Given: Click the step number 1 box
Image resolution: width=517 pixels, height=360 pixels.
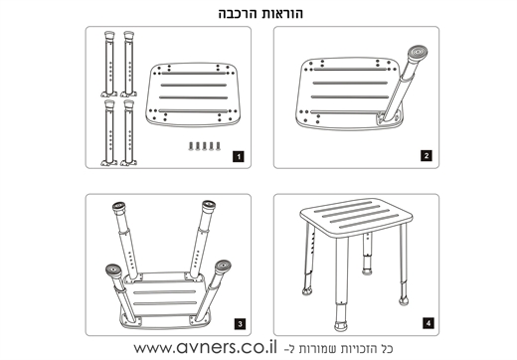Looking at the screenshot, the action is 239,156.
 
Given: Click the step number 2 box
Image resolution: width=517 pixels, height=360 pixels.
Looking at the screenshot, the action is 427,156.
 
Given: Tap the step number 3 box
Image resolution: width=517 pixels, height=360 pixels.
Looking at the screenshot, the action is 240,324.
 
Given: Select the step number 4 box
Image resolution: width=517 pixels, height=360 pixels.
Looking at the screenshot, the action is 429,323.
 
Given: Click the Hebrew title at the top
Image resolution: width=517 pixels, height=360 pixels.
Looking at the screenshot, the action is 260,13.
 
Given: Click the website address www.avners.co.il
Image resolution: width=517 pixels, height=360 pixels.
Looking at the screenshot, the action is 205,347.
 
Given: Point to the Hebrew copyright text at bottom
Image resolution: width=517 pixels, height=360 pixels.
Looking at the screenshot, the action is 339,349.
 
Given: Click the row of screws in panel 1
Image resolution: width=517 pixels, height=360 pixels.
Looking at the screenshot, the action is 205,146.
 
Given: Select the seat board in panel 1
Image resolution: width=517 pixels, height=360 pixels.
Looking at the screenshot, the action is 191,94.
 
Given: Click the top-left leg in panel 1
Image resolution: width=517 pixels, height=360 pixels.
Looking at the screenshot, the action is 109,64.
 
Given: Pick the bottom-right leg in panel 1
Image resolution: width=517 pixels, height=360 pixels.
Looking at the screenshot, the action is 128,132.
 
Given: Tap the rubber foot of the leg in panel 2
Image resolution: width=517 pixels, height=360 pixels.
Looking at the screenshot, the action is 418,53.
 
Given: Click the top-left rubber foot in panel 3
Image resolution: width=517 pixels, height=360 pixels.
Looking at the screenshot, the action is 119,208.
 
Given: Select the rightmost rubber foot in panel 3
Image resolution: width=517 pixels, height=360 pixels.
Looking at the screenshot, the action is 223,268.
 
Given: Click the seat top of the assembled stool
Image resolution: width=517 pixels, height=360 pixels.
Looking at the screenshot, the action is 357,217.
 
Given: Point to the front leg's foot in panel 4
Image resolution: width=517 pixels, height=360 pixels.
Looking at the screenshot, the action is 340,325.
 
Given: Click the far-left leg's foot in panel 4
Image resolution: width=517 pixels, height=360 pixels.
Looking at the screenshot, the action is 307,291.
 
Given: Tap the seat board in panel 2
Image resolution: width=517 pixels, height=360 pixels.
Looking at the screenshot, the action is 348,93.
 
